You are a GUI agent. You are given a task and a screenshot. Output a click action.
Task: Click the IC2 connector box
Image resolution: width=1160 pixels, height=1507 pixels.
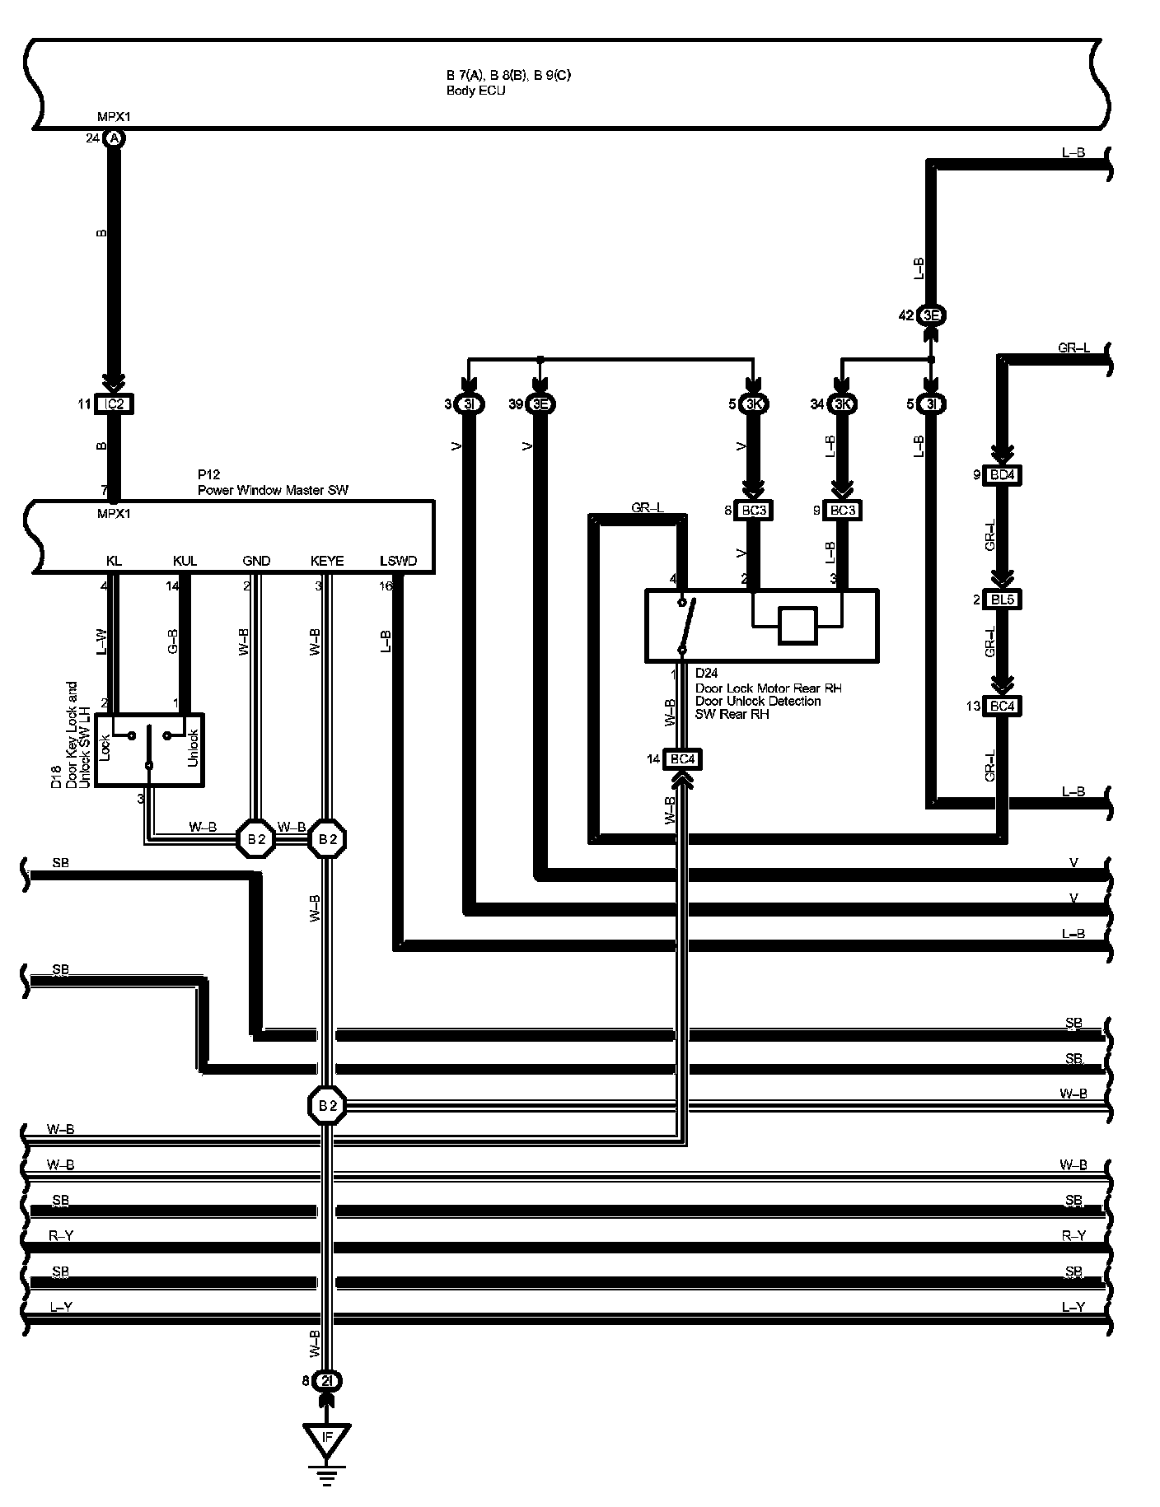tap(114, 404)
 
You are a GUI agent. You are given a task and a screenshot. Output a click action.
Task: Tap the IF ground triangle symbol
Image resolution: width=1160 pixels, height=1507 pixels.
tap(327, 1439)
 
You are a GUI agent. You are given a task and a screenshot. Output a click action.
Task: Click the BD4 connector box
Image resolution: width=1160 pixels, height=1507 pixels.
tap(1002, 475)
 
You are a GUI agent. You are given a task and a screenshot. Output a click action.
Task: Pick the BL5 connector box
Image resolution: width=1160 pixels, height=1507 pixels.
tap(1002, 600)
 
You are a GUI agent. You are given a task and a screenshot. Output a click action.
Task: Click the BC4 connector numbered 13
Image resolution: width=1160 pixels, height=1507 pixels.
tap(1002, 706)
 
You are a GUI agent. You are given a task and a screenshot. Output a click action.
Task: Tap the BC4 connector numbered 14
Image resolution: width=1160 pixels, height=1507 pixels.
tap(682, 758)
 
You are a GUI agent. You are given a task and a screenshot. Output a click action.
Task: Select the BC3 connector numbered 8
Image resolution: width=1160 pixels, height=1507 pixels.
tap(753, 511)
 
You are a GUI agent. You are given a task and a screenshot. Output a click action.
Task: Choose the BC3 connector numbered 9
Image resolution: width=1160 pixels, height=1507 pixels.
tap(842, 511)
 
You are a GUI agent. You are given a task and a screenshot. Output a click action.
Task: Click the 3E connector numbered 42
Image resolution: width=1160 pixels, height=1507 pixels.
tap(931, 315)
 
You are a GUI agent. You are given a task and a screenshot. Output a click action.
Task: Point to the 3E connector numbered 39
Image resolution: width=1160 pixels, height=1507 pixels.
tap(540, 404)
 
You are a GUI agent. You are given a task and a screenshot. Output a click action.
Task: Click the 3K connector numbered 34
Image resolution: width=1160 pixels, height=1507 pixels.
tap(841, 404)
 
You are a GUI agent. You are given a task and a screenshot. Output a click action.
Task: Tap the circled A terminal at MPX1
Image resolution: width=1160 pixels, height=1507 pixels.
tap(115, 138)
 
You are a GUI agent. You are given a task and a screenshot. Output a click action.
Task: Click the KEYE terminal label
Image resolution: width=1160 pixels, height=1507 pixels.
tap(327, 562)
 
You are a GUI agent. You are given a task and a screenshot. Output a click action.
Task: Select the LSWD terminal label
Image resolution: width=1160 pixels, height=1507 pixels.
tap(398, 562)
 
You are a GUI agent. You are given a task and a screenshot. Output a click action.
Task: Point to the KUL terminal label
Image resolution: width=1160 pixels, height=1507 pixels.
tap(185, 562)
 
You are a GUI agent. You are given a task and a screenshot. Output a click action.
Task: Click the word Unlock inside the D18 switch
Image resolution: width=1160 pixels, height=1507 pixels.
tap(193, 748)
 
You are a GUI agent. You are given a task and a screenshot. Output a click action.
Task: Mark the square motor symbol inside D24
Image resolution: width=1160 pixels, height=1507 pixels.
tap(797, 625)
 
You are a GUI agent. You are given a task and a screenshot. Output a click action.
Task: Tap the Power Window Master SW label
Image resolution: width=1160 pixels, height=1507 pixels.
tap(273, 491)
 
